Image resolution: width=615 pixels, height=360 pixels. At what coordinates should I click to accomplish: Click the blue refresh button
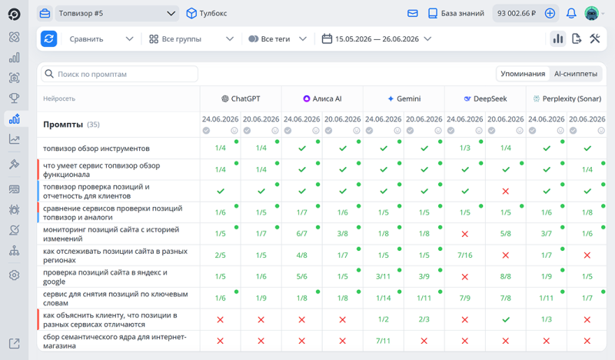pos(48,39)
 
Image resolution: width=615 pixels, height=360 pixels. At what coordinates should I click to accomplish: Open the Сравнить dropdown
pos(101,39)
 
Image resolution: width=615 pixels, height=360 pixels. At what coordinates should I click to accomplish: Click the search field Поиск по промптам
pos(120,74)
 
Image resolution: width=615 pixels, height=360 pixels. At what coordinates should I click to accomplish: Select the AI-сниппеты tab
pos(575,74)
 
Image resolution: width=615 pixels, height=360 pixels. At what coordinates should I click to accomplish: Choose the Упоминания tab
pos(523,74)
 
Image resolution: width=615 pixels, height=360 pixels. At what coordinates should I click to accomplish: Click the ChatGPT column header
pos(241,98)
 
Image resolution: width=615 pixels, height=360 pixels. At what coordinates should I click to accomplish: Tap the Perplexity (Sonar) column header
pos(567,98)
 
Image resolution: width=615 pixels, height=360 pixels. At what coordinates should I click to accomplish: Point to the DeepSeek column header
pos(486,98)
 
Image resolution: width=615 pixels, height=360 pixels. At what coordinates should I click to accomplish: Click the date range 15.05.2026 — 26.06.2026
pos(377,39)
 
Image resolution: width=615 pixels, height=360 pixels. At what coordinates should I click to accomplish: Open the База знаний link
pos(456,13)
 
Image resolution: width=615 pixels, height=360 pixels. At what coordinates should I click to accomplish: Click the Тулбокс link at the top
pos(207,13)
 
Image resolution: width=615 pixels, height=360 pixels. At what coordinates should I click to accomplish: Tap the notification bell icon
pos(571,13)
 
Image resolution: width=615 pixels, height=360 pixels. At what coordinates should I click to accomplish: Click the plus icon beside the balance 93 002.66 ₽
pos(550,13)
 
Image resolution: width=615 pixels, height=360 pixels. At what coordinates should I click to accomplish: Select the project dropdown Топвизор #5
pos(117,13)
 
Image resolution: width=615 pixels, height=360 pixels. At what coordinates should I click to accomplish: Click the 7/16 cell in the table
pos(465,255)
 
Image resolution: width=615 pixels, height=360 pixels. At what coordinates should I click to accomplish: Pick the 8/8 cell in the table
pos(506,276)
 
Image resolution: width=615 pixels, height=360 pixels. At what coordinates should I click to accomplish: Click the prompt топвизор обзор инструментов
pos(97,148)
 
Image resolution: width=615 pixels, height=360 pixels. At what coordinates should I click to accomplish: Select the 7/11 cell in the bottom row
pos(383,341)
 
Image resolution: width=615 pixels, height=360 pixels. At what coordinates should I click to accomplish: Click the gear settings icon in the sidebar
pos(14,275)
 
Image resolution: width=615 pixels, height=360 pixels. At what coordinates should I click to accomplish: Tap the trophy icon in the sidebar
pos(14,98)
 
